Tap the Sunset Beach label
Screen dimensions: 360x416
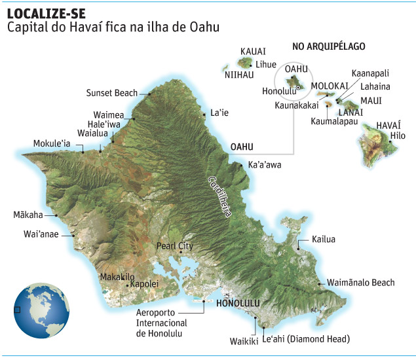pyautogui.click(x=112, y=93)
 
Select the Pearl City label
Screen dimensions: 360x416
pyautogui.click(x=176, y=246)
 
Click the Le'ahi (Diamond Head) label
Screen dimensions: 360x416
pyautogui.click(x=305, y=339)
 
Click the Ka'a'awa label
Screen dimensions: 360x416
pyautogui.click(x=265, y=165)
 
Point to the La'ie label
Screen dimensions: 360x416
pyautogui.click(x=219, y=113)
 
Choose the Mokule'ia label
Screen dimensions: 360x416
pyautogui.click(x=57, y=143)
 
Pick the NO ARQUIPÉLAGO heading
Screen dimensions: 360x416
pyautogui.click(x=328, y=46)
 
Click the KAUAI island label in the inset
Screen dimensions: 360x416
pyautogui.click(x=253, y=52)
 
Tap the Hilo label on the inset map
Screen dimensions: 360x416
pyautogui.click(x=398, y=135)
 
